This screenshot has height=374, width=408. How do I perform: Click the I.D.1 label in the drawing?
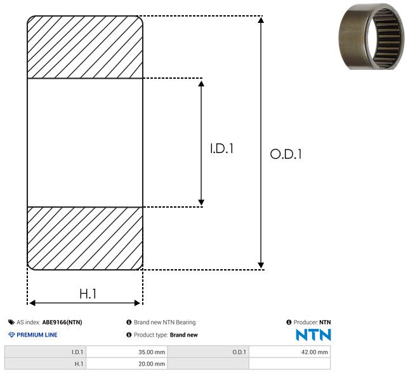coord(221,149)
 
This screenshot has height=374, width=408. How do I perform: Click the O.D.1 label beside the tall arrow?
coord(286,154)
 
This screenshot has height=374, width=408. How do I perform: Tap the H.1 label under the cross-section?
coord(88,294)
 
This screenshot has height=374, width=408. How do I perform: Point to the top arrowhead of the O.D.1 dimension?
coord(261,20)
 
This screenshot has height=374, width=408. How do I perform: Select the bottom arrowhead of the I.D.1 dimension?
coord(201,203)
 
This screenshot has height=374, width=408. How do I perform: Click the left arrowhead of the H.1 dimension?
coord(32,303)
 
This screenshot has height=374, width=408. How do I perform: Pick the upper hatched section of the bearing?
coord(85,47)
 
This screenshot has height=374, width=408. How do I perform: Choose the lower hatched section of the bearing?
coord(85,238)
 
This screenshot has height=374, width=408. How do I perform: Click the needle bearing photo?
coord(372,36)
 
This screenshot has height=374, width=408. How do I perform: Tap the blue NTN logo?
coord(313,335)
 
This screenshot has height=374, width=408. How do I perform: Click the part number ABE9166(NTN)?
coord(62,322)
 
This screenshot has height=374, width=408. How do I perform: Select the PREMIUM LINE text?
coord(37,335)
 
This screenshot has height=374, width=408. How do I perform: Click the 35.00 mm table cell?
coord(152,352)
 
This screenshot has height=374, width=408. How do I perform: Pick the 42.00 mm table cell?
coord(314,352)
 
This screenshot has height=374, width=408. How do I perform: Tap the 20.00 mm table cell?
coord(152,364)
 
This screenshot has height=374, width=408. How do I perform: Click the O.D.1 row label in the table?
coord(239,352)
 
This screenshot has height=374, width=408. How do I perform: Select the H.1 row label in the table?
coord(79,364)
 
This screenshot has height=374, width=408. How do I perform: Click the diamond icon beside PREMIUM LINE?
coord(11,335)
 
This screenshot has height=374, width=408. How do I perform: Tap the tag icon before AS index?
coord(11,322)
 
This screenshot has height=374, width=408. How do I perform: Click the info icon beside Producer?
coord(289,322)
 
